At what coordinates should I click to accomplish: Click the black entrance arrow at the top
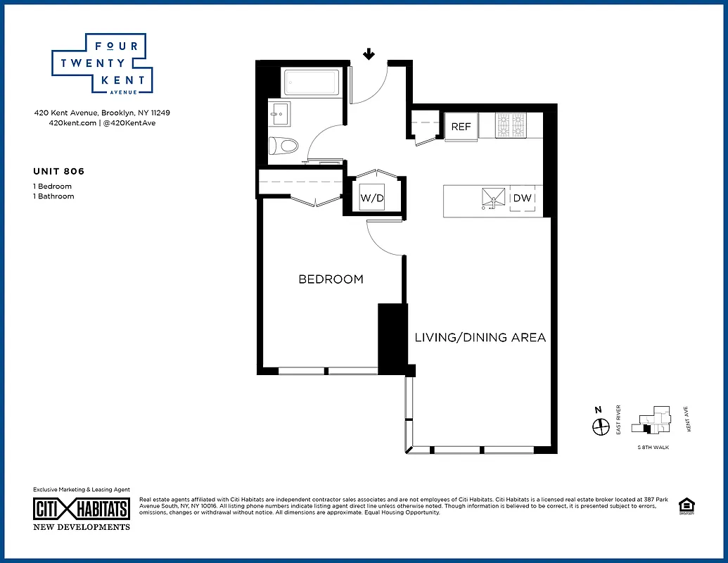coord(369,54)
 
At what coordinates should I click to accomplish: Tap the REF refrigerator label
coord(461,127)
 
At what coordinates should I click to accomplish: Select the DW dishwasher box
coord(523,198)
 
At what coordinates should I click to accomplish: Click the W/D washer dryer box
coord(372,198)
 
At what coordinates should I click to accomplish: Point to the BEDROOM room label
coord(331,279)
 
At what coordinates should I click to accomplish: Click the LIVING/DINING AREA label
coord(480,338)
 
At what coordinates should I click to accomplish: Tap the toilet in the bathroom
coord(284,146)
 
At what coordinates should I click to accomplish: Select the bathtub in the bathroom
coord(309,84)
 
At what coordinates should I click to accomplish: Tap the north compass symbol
coord(600,426)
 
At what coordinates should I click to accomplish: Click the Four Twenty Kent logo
coord(103,63)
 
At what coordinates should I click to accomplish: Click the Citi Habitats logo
coord(82,509)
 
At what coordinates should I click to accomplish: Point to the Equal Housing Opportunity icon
coord(684,507)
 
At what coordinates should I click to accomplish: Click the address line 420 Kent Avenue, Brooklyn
coord(102,113)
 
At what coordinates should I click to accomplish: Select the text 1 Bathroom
coord(53,196)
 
